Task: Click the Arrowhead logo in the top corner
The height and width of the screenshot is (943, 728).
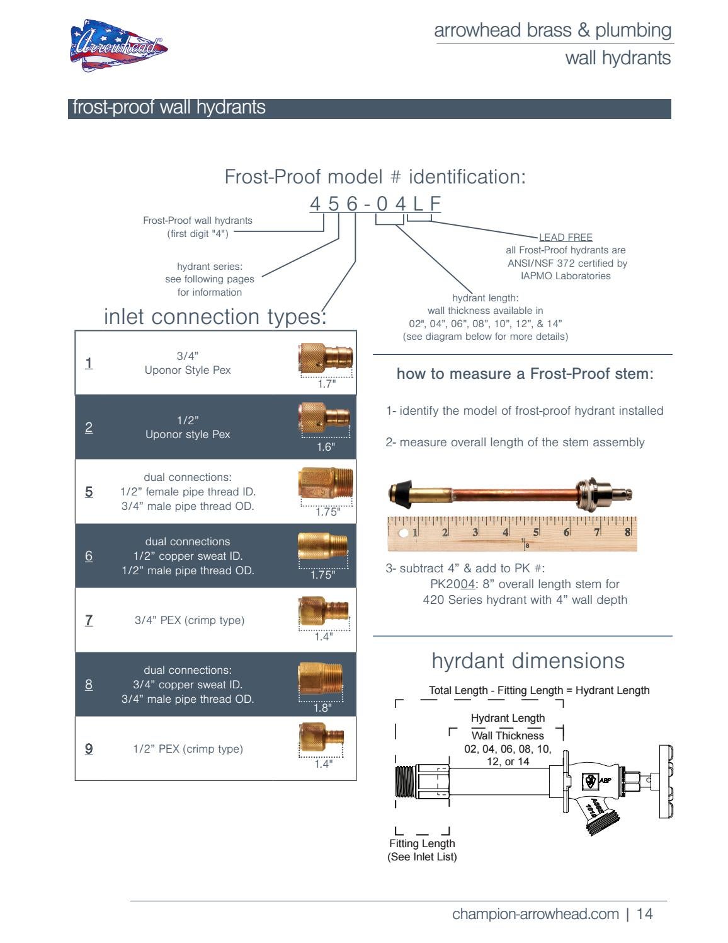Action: click(118, 46)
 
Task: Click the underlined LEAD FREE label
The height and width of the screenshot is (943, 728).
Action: click(566, 238)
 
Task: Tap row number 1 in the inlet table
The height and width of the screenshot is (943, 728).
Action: click(89, 363)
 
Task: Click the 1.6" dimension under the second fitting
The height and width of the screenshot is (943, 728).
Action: click(326, 447)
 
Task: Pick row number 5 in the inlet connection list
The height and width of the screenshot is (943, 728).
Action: click(89, 492)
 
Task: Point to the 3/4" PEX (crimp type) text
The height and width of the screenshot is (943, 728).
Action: click(190, 620)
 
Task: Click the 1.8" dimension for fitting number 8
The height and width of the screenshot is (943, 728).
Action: click(322, 708)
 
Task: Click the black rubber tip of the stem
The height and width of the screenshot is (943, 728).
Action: click(399, 492)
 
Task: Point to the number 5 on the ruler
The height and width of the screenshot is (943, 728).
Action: click(536, 533)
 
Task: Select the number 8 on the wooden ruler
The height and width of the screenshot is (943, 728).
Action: click(627, 532)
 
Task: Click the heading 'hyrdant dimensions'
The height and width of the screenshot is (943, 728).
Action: click(528, 661)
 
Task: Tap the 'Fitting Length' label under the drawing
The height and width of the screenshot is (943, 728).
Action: click(422, 843)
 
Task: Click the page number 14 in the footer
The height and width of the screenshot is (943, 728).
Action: click(644, 914)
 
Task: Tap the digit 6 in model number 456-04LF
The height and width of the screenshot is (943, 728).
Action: click(352, 204)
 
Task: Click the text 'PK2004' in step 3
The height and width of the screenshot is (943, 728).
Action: click(453, 584)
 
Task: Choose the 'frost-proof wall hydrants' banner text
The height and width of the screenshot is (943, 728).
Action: click(169, 107)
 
